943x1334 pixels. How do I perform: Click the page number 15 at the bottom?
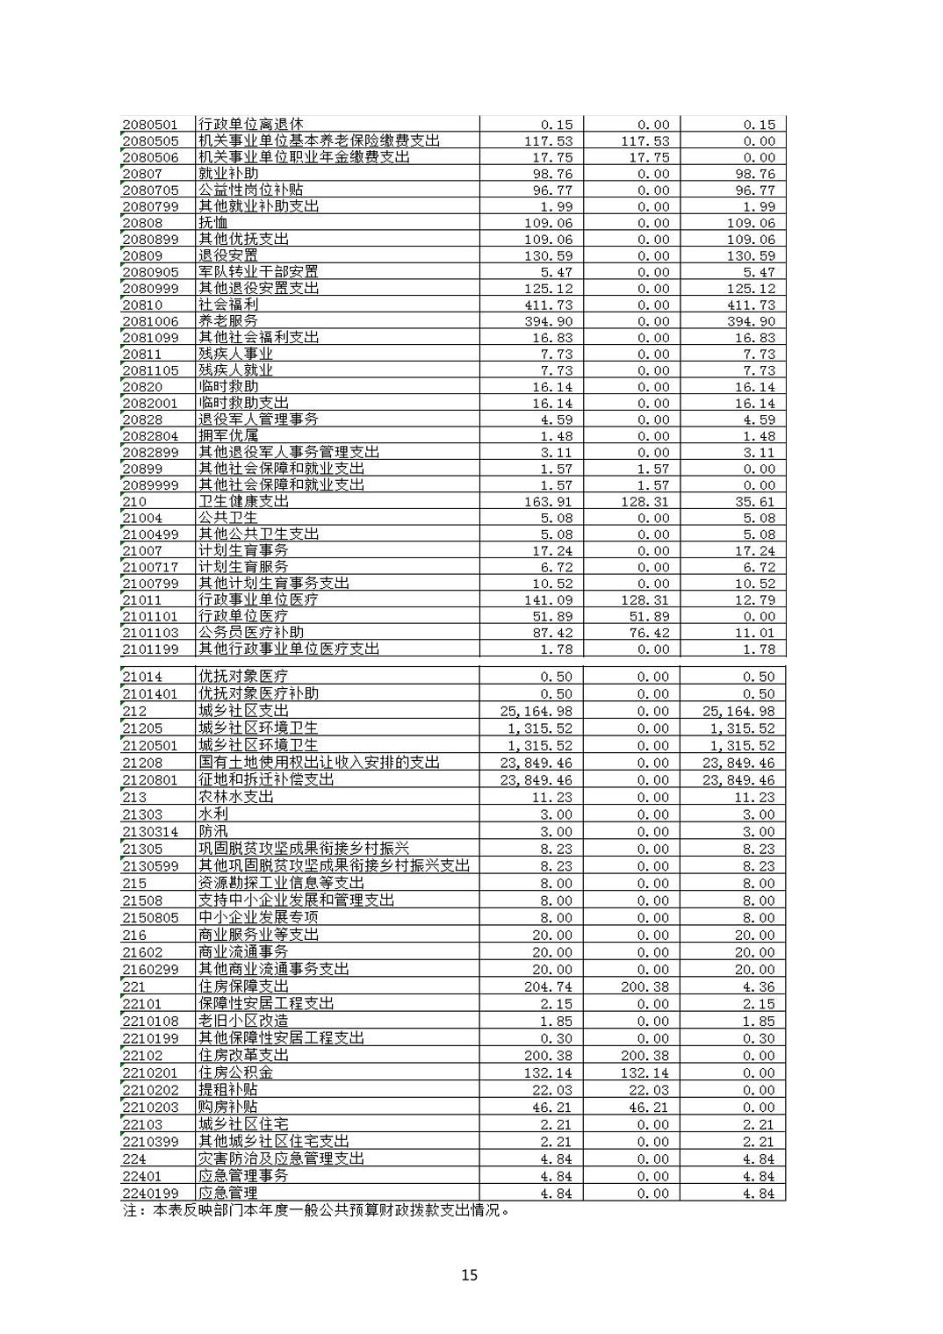point(469,1274)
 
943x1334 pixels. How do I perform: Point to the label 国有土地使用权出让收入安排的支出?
point(319,763)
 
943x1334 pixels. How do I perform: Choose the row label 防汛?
point(213,831)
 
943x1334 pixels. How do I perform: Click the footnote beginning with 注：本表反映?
point(316,1211)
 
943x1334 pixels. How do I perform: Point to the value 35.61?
point(755,502)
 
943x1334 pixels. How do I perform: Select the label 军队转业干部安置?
point(258,272)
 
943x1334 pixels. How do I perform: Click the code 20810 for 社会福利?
point(142,305)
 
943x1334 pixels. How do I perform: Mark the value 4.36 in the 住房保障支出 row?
point(759,986)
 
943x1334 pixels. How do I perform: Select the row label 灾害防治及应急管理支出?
point(281,1159)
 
